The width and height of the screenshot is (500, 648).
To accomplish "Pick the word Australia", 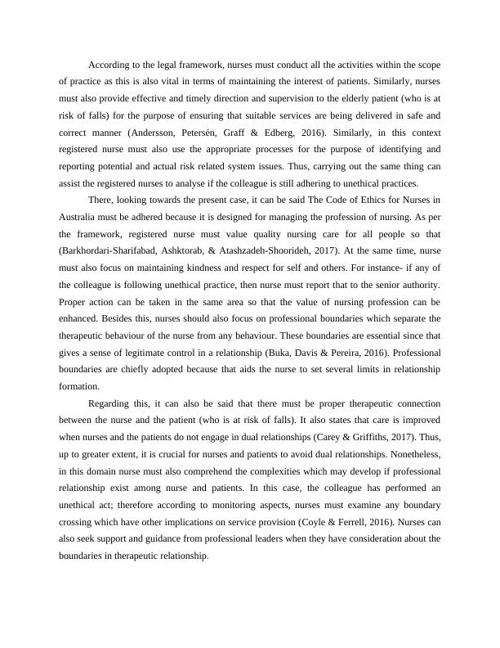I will point(81,218).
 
